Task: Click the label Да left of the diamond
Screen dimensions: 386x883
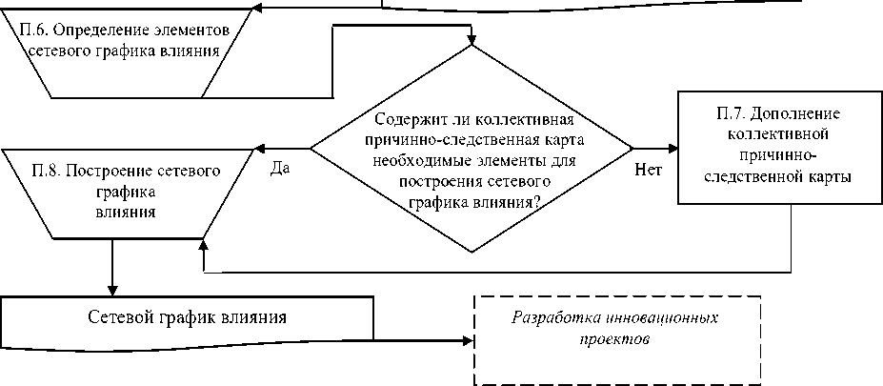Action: tap(280, 167)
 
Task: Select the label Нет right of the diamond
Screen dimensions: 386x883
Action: tap(649, 169)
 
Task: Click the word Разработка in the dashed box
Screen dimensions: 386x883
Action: tap(549, 318)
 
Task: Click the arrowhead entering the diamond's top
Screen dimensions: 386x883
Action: tap(472, 40)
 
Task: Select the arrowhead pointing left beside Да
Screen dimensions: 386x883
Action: tap(258, 149)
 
